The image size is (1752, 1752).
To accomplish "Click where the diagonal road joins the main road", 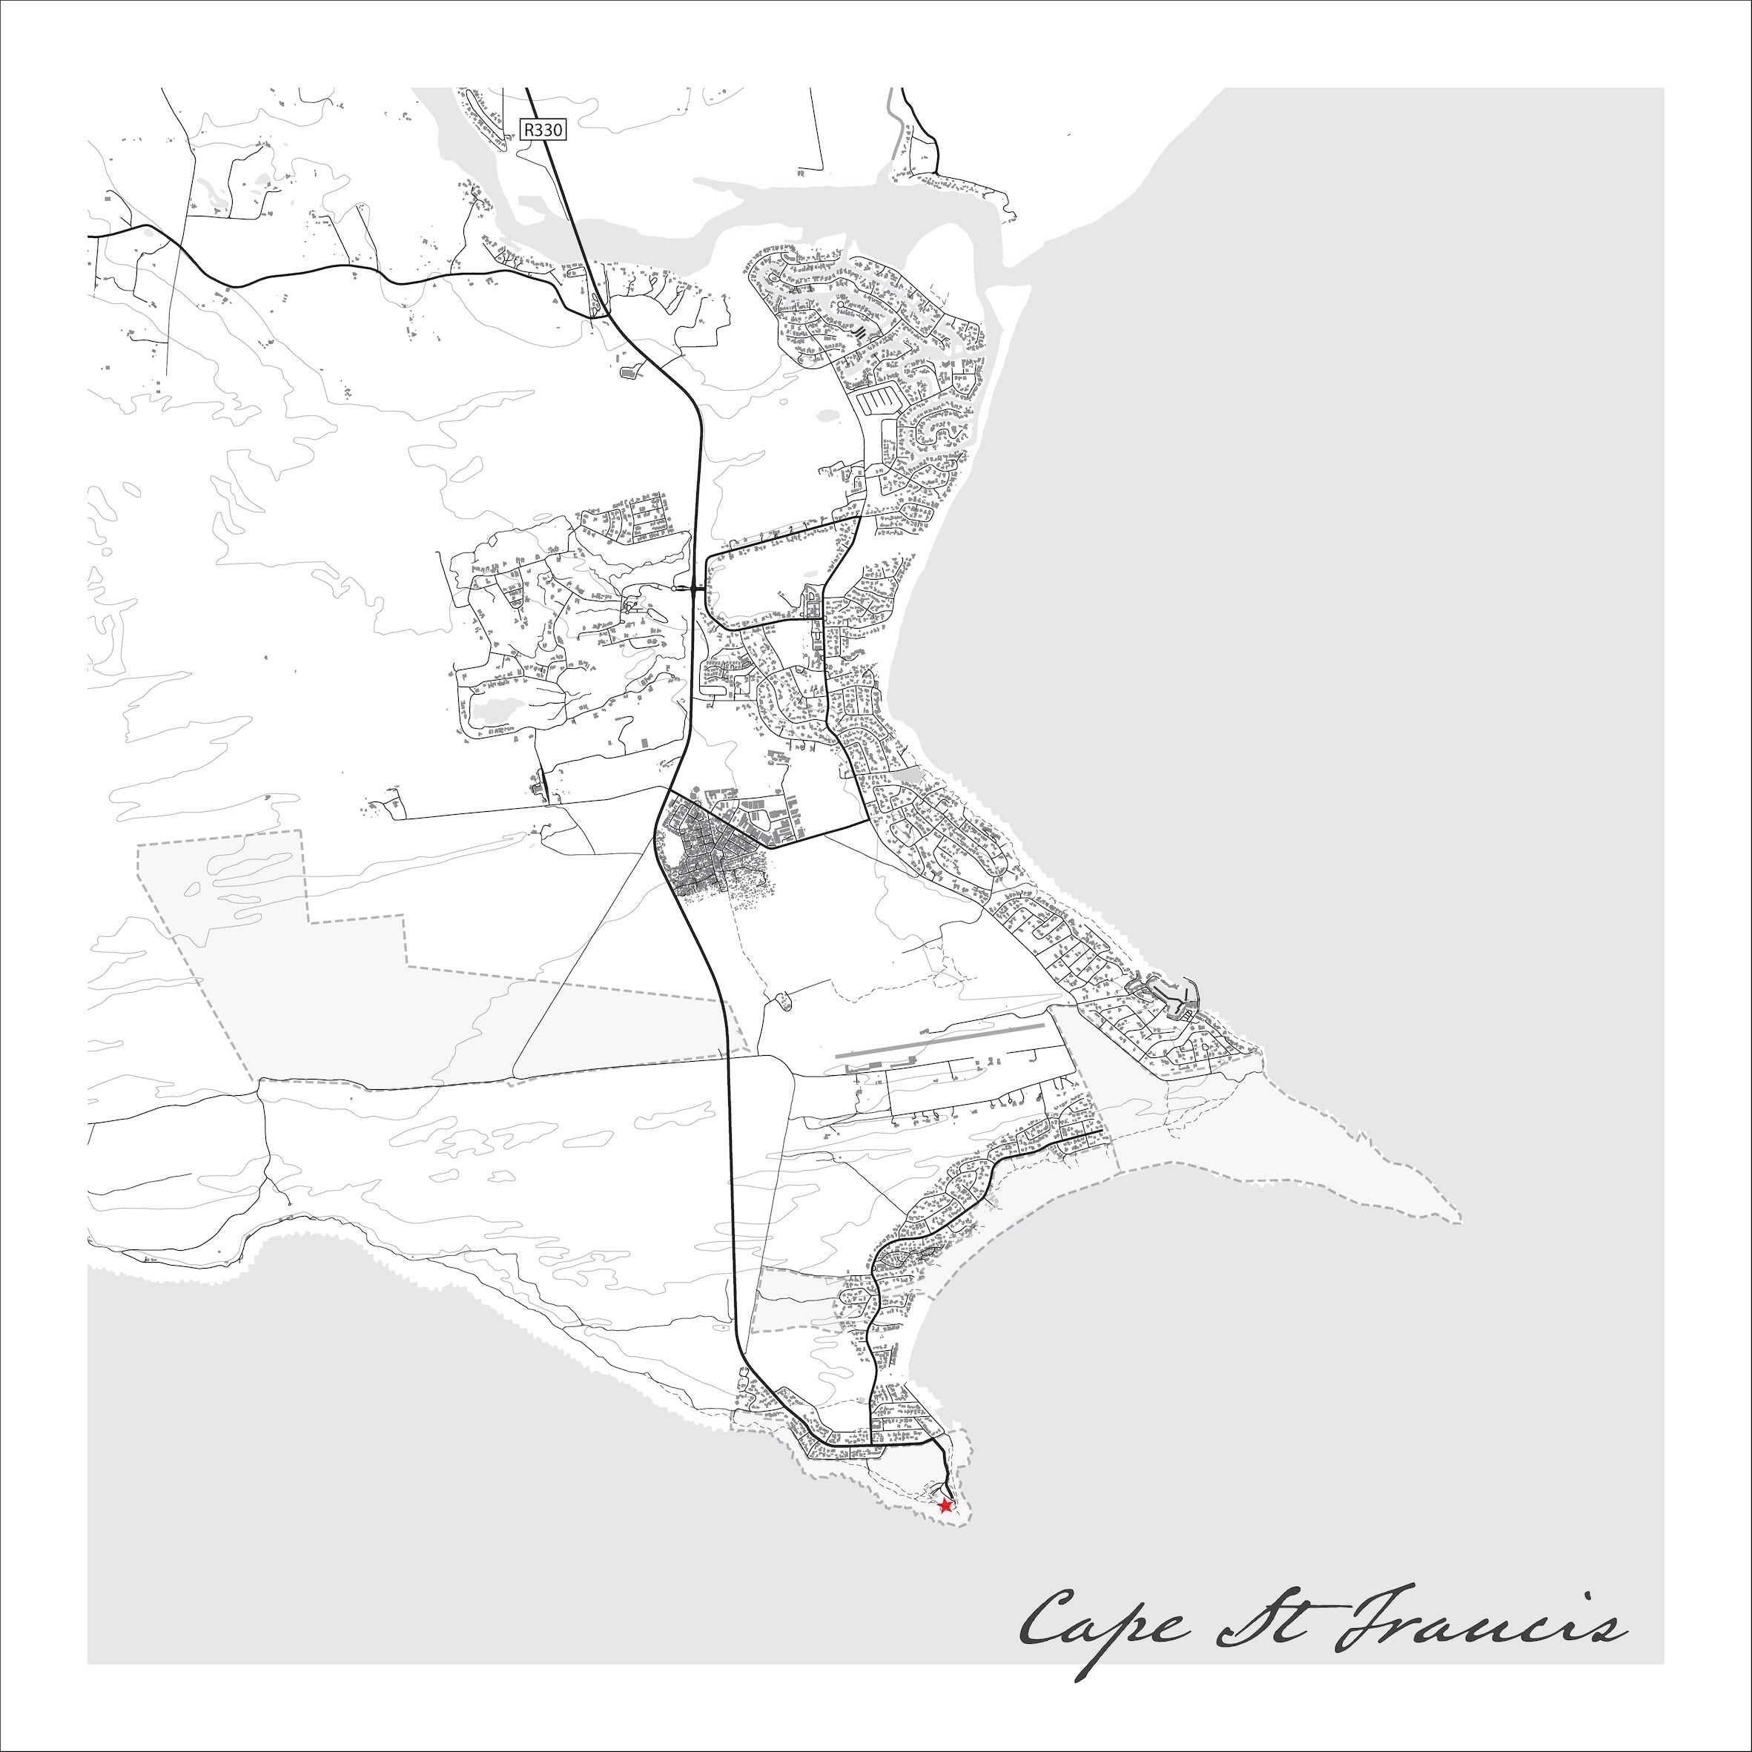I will pyautogui.click(x=667, y=791).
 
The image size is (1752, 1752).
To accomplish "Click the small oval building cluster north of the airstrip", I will pyautogui.click(x=781, y=1001).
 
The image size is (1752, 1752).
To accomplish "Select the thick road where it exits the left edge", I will pyautogui.click(x=90, y=236).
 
